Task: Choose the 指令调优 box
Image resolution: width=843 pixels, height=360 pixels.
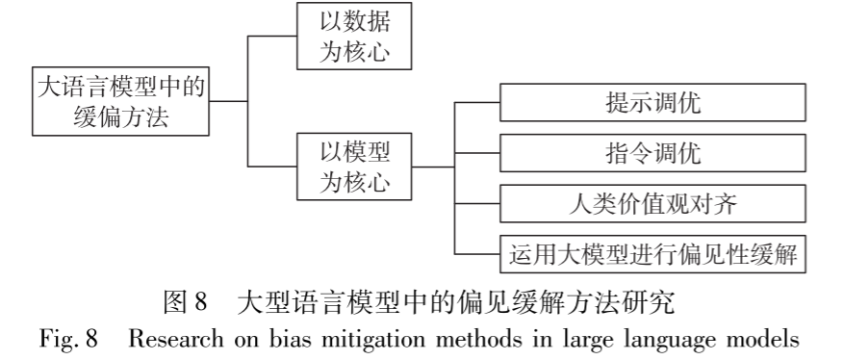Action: click(x=651, y=152)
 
